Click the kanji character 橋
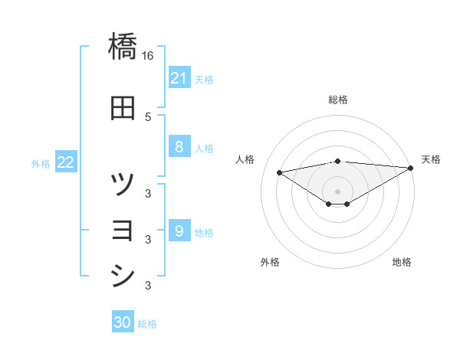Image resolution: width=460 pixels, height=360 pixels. coord(123,47)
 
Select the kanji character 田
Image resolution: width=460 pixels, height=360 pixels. coord(123,108)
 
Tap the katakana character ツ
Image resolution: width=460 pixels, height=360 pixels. coord(123,184)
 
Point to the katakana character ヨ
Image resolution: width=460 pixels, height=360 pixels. coord(123,230)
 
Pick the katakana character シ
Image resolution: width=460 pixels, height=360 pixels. coord(123,276)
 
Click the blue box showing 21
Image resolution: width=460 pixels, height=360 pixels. coord(179,78)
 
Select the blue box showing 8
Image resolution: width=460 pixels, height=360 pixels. coord(179,147)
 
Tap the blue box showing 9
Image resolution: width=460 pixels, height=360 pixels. coord(179,231)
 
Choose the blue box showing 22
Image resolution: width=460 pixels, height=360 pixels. coord(66,162)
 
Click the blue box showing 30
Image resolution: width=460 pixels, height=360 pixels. coord(123,322)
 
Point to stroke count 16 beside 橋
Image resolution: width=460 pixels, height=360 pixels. coord(148,55)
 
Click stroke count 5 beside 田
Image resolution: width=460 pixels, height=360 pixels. coord(148,116)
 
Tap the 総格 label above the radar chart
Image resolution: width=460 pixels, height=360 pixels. coord(338,100)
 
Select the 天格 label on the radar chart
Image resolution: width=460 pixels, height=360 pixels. coord(431,159)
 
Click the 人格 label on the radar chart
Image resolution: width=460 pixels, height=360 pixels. coord(245,159)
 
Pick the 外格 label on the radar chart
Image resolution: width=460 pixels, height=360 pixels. coord(270,262)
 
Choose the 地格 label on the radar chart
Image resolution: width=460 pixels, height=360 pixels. coord(402,262)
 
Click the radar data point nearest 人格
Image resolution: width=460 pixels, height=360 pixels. coord(279,172)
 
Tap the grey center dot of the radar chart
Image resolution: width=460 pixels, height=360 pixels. coord(338,191)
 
